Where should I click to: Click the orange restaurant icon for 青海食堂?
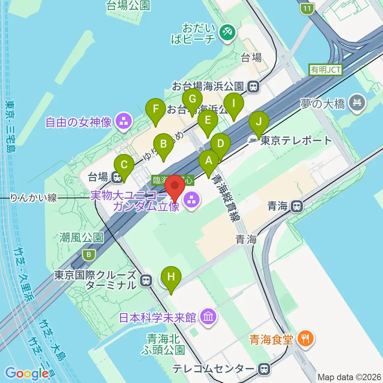tap(306, 339)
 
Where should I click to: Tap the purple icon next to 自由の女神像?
tap(123, 122)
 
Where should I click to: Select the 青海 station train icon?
tap(296, 206)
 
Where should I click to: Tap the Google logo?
tap(27, 373)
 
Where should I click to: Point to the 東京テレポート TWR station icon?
tap(253, 140)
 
